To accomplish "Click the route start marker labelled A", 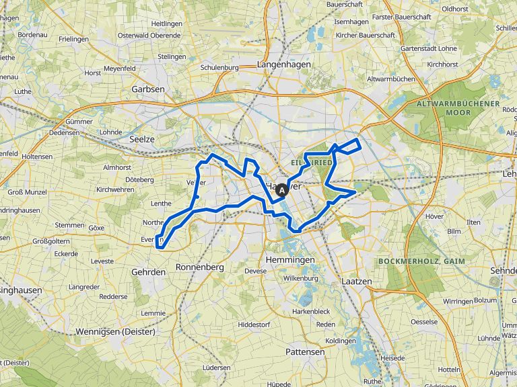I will pos(281,190).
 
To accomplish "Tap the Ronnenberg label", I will pos(199,267).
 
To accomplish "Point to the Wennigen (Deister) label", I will pos(115,331).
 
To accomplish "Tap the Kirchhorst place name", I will pos(442,64).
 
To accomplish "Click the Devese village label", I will pos(255,271).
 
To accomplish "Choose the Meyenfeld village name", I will pos(120,68).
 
